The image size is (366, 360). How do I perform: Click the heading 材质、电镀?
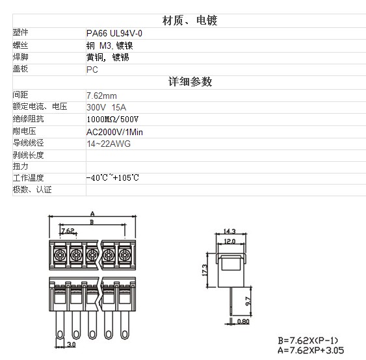click(x=190, y=21)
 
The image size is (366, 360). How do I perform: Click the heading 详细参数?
click(x=190, y=82)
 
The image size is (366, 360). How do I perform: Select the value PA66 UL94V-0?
click(x=114, y=33)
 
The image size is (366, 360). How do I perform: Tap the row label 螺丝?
click(x=20, y=45)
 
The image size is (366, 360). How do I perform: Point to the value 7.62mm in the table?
click(x=101, y=96)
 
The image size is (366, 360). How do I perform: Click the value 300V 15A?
click(x=106, y=107)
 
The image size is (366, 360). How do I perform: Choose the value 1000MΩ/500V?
click(x=112, y=119)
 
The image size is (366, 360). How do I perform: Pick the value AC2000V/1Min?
click(x=114, y=132)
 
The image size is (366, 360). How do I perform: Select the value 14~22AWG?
click(x=109, y=144)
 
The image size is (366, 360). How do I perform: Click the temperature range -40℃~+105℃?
click(x=112, y=178)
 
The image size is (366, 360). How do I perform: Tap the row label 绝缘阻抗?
click(x=28, y=119)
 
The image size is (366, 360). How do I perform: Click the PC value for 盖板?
click(x=92, y=70)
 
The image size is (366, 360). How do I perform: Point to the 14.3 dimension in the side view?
click(x=229, y=231)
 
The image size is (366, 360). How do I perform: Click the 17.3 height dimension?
click(x=204, y=270)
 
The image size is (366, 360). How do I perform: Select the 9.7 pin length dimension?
click(x=248, y=302)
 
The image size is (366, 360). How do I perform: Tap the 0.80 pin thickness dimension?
click(x=243, y=322)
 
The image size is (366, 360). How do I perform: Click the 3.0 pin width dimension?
click(x=72, y=344)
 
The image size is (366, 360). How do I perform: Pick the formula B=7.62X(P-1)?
click(x=308, y=341)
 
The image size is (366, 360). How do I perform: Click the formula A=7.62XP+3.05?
click(x=311, y=350)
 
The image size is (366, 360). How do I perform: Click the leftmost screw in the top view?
click(x=60, y=255)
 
